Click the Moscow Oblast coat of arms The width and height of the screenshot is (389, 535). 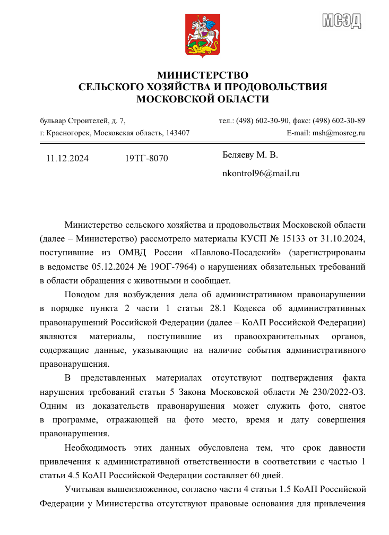click(203, 36)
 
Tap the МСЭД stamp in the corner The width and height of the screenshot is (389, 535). click(342, 20)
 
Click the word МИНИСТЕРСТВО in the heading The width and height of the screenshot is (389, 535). click(203, 75)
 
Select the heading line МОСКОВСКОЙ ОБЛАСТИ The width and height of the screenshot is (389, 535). click(203, 99)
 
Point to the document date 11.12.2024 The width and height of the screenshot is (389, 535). click(67, 158)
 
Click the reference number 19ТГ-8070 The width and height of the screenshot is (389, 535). click(146, 158)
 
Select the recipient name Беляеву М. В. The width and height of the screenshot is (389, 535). click(250, 155)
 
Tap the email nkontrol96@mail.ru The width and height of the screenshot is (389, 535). click(261, 173)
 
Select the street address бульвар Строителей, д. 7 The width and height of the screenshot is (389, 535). click(83, 120)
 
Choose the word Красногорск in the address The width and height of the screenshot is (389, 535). click(68, 133)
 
